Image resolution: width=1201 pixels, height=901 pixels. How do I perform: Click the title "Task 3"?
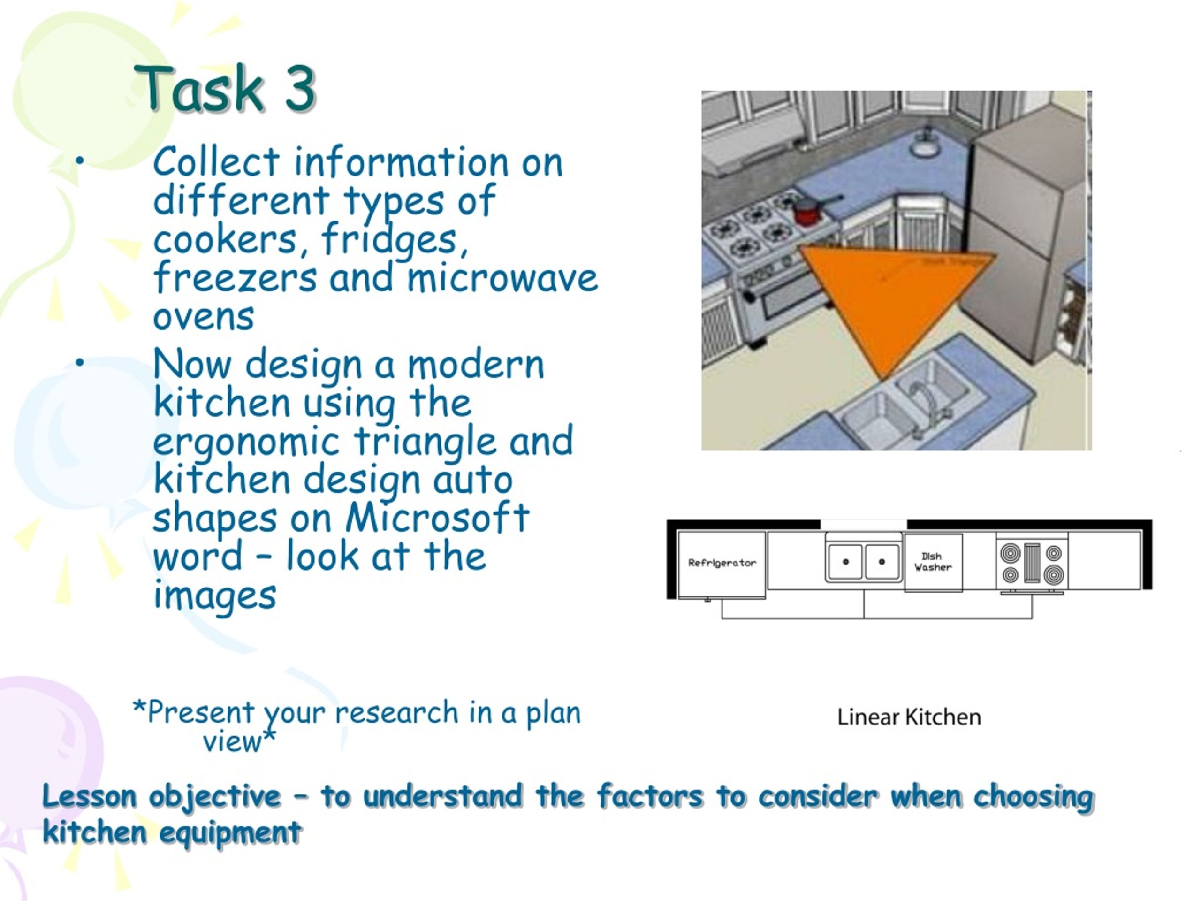[x=225, y=89]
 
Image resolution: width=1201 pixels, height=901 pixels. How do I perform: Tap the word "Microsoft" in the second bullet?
[x=437, y=517]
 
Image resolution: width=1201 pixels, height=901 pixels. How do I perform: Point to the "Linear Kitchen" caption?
[x=909, y=718]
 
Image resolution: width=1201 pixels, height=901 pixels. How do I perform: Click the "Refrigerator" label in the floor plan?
[x=722, y=563]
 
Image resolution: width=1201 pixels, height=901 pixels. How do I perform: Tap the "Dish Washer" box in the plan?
[x=933, y=562]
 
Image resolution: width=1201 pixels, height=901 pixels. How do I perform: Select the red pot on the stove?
[x=807, y=211]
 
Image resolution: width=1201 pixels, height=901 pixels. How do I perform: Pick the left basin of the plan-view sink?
[x=845, y=562]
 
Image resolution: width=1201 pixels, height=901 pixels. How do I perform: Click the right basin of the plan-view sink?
[x=881, y=562]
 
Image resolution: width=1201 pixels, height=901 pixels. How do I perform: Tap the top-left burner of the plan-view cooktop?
[x=1010, y=553]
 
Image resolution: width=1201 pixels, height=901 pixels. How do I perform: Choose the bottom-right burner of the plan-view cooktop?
[x=1053, y=574]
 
